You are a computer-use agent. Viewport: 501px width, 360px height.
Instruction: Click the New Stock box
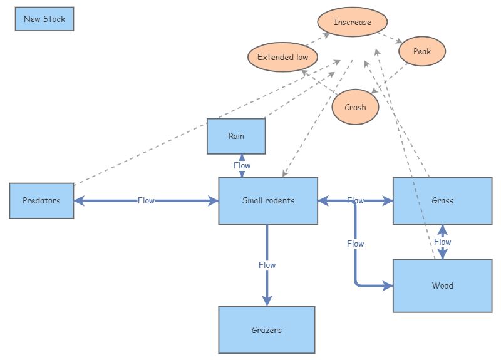pyautogui.click(x=44, y=19)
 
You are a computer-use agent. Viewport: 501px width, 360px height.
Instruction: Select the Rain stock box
pyautogui.click(x=236, y=136)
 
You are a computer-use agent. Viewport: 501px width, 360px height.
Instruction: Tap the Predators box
pyautogui.click(x=41, y=201)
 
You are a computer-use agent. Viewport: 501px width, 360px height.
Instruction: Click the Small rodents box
pyautogui.click(x=268, y=201)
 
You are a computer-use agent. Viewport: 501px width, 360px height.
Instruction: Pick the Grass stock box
pyautogui.click(x=442, y=201)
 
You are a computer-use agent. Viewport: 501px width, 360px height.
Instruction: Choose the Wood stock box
pyautogui.click(x=442, y=286)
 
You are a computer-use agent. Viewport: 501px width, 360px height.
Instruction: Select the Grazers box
pyautogui.click(x=266, y=330)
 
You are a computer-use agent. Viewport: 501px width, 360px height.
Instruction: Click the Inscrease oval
pyautogui.click(x=352, y=23)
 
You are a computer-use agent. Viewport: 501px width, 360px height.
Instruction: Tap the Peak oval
pyautogui.click(x=422, y=51)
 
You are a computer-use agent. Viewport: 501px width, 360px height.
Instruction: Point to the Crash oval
pyautogui.click(x=355, y=107)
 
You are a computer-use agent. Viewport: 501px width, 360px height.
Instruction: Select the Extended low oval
pyautogui.click(x=282, y=58)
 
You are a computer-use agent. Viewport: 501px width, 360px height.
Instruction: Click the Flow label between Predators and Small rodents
pyautogui.click(x=146, y=201)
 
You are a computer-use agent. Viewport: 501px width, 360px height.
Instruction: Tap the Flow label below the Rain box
pyautogui.click(x=242, y=166)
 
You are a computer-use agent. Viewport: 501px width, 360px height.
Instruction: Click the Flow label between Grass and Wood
pyautogui.click(x=442, y=242)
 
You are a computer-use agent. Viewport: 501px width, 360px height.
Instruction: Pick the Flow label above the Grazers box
pyautogui.click(x=267, y=265)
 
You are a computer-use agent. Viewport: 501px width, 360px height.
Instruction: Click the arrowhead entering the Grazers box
pyautogui.click(x=267, y=301)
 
